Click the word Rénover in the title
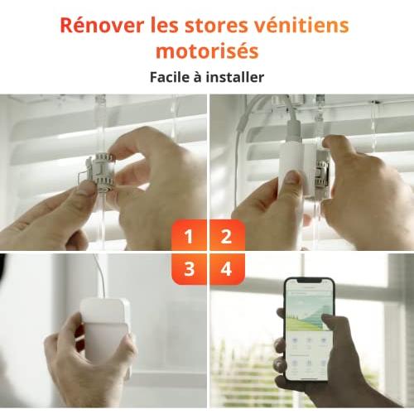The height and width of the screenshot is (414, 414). pos(102,25)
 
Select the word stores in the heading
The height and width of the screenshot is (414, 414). pos(216,26)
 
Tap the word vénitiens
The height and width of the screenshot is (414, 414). pos(301,25)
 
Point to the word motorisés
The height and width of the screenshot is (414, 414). pos(207,51)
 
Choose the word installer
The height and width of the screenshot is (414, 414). pos(235,77)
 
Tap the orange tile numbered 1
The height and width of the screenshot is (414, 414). pos(189,235)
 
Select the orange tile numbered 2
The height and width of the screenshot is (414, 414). pos(227,235)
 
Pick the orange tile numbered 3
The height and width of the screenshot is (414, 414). pos(189,269)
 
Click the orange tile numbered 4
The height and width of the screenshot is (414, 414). pos(227,269)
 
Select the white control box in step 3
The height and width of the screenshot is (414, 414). pos(106,331)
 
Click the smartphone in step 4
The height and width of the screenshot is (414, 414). pos(309,330)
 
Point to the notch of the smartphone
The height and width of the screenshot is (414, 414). pos(309,281)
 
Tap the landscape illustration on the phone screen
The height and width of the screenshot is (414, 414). pos(308,315)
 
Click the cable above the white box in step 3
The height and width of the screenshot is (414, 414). pos(100,276)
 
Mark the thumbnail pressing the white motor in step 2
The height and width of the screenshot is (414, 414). pos(291,177)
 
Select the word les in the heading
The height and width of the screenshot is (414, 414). pos(164,25)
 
